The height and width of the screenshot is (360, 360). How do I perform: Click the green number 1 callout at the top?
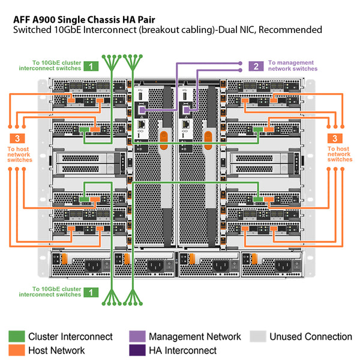pos(91,66)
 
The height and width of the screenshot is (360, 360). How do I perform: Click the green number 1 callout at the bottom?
pos(91,292)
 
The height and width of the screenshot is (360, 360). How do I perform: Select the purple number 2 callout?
pos(256,66)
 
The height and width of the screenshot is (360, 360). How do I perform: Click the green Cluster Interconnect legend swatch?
pos(16,337)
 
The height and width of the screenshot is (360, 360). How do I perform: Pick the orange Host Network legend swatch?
pos(16,350)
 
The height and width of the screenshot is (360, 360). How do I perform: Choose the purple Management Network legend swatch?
pos(137,337)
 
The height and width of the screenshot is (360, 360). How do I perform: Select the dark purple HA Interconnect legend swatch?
pos(137,350)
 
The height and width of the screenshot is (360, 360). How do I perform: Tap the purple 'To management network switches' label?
pos(293,65)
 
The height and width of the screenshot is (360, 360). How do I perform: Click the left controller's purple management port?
pos(142,110)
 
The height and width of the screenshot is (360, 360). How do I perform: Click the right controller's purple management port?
pos(187,110)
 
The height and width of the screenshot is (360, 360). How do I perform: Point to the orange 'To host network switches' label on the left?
pos(20,154)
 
